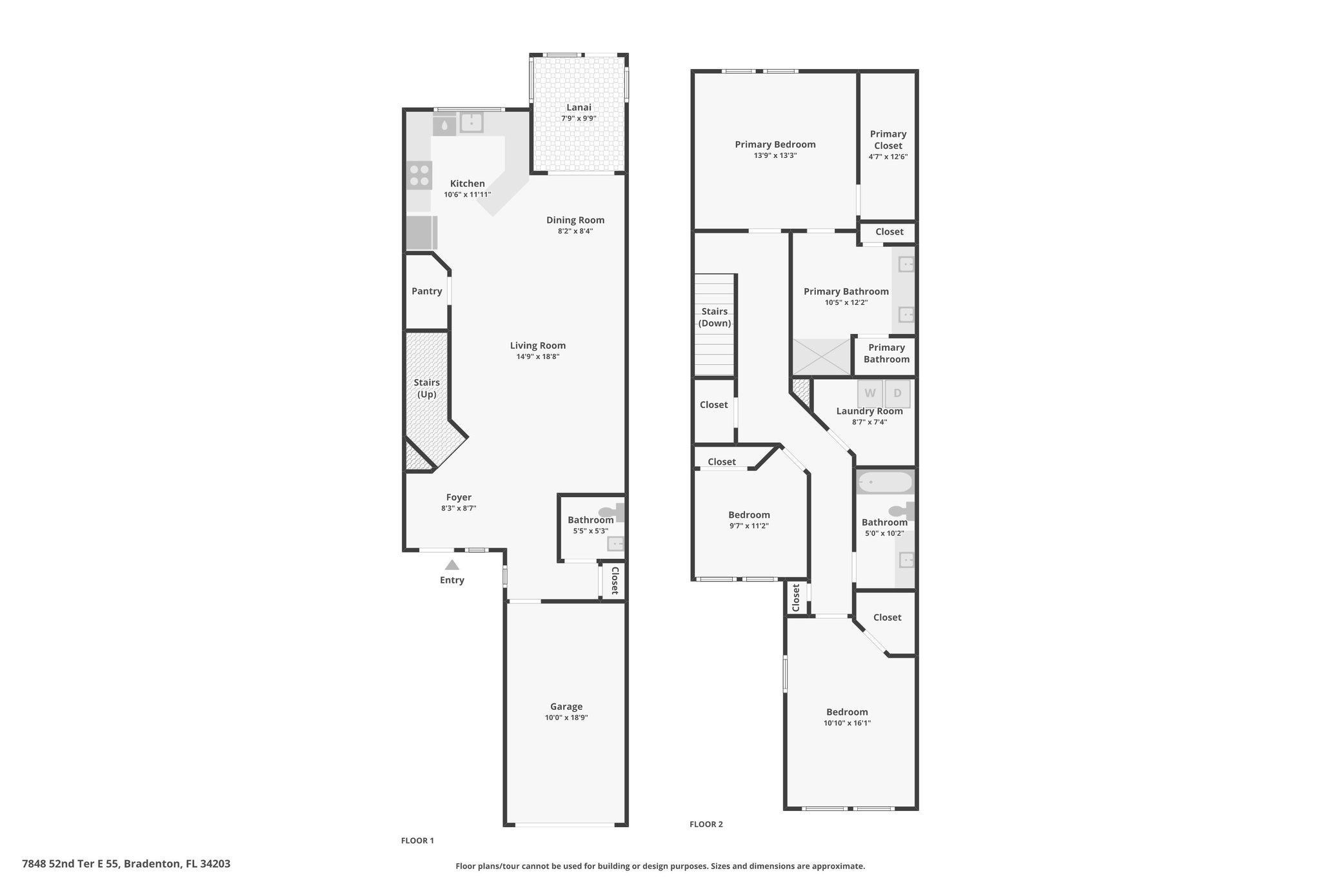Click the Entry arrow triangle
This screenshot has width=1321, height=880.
452,565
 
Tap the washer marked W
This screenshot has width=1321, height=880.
869,393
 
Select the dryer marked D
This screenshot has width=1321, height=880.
897,393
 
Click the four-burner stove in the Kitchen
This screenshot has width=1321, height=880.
419,175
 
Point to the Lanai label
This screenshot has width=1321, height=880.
579,108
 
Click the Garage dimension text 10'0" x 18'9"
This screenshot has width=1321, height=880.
566,718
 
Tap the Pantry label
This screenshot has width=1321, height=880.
427,291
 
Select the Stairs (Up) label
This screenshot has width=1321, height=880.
427,388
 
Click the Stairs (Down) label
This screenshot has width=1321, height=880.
715,317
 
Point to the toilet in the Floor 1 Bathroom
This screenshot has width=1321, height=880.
611,512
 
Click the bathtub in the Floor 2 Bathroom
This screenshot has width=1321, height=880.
884,482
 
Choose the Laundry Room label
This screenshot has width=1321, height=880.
869,411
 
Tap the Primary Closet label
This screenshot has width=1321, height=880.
888,140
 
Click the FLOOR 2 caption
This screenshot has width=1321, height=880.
706,824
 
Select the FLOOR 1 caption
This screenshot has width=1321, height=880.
417,841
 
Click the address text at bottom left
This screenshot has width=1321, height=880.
126,863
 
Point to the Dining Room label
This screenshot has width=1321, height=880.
575,220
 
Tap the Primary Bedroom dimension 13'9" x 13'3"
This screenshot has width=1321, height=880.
775,155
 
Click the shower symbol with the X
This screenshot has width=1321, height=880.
821,357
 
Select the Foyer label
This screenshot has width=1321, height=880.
459,498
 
